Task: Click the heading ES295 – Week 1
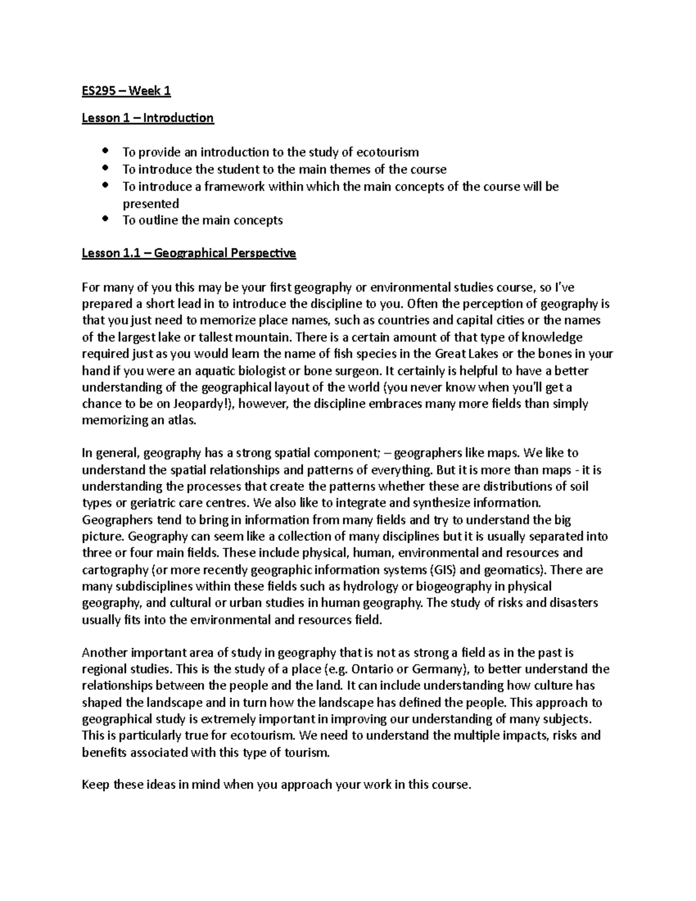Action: (126, 91)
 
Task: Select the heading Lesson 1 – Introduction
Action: (147, 118)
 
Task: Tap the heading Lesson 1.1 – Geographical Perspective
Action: (188, 254)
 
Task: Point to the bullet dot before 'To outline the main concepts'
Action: (105, 219)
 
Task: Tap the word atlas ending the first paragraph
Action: (182, 421)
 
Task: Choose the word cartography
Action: (115, 570)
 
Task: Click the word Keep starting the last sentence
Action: (95, 786)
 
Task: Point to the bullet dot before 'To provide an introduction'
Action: (105, 151)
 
